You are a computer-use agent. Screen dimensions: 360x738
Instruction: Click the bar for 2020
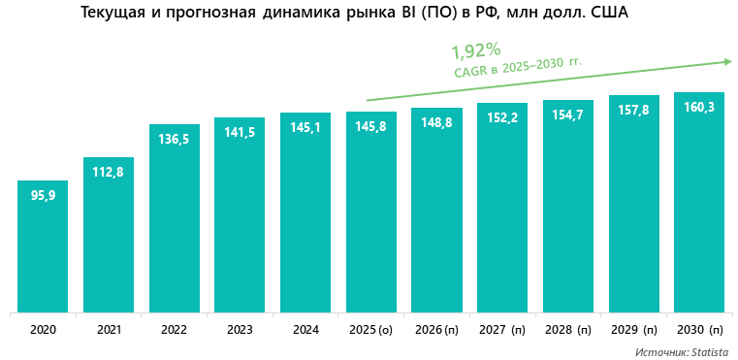[x=43, y=247]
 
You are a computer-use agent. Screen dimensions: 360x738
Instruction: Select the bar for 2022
[x=175, y=219]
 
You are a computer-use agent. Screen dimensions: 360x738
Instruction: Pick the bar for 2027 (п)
[x=502, y=208]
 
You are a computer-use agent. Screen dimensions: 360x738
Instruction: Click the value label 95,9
[x=44, y=195]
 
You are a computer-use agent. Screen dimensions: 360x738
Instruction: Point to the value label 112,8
[x=109, y=173]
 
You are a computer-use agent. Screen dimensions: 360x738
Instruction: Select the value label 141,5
[x=240, y=133]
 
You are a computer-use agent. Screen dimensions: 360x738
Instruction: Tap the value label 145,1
[x=305, y=128]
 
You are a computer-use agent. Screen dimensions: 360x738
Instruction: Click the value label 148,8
[x=436, y=123]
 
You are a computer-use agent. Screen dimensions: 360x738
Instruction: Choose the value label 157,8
[x=633, y=110]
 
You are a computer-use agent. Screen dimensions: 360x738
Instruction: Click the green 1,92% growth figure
[x=475, y=50]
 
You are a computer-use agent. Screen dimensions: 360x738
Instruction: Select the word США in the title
[x=609, y=13]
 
